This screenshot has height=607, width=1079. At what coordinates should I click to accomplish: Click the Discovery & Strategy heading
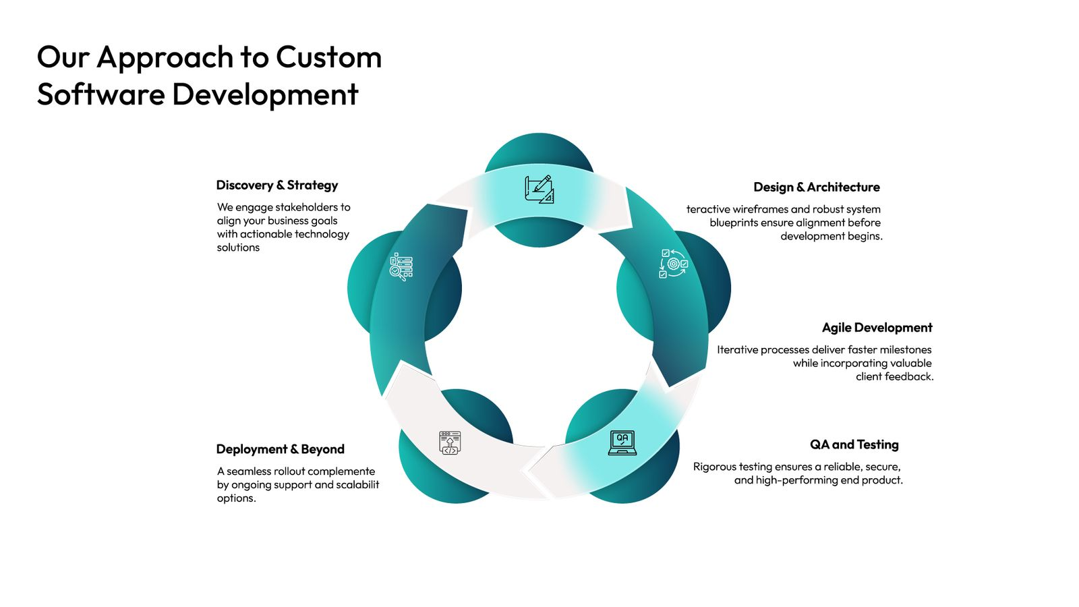click(276, 185)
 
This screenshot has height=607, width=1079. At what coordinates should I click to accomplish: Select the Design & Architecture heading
click(816, 187)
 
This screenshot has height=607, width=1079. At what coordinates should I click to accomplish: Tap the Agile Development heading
click(877, 328)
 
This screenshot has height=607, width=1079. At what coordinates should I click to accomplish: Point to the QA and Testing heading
click(854, 444)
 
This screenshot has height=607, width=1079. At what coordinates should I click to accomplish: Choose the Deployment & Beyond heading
click(280, 450)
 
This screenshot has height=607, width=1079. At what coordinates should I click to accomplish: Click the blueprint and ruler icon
click(539, 189)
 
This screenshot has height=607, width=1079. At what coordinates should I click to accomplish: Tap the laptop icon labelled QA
click(622, 442)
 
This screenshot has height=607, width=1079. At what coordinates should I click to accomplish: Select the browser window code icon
click(450, 442)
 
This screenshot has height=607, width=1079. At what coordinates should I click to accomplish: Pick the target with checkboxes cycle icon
click(673, 264)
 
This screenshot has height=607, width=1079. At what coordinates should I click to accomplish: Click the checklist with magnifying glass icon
click(401, 266)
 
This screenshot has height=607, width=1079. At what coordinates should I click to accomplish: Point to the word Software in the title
click(100, 94)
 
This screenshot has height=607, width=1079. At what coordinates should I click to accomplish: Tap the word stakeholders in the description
click(306, 207)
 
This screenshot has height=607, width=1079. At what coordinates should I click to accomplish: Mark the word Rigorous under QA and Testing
click(714, 467)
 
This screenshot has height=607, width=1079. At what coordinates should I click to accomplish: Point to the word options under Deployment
click(235, 498)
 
